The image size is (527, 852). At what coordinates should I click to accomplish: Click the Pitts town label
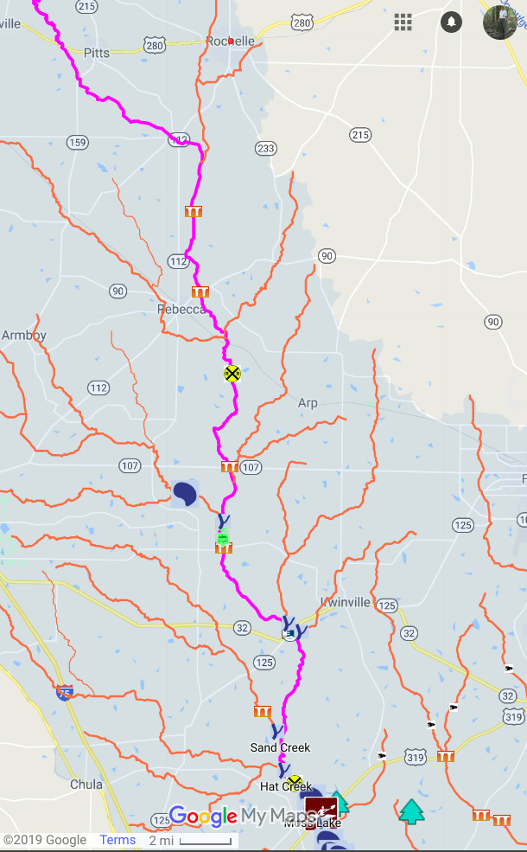point(97,53)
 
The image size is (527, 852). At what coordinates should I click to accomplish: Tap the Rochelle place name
point(231,41)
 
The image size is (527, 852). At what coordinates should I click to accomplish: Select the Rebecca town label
point(180,309)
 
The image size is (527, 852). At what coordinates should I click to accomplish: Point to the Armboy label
point(24,336)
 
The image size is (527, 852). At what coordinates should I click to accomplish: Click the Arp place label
point(308,403)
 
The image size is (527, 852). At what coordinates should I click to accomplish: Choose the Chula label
point(86,785)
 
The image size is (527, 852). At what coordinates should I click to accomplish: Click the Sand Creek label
point(280,747)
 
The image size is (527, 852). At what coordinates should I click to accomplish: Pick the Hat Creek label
point(279,787)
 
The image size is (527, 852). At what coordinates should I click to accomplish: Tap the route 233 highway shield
point(265,149)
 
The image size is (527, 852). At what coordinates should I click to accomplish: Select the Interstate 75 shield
point(65,692)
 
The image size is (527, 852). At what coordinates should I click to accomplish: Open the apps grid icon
point(403,22)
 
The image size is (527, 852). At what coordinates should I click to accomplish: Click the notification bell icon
point(451,22)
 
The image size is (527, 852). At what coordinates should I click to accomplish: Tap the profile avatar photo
point(500,22)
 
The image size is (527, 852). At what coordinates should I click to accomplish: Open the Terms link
point(117,840)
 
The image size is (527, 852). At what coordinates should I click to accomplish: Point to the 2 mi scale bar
point(190,841)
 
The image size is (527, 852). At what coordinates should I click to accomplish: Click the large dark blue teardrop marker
point(185,493)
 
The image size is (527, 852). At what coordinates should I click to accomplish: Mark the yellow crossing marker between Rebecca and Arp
point(232,373)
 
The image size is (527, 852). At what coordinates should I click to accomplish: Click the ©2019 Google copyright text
point(45,840)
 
